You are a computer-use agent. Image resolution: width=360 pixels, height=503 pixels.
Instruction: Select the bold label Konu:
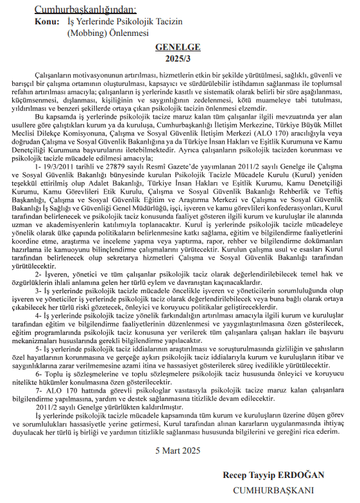tap(49, 21)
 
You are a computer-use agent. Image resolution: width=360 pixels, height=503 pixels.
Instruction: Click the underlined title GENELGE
tap(178, 47)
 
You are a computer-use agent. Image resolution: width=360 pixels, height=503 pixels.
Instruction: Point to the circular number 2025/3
tap(178, 58)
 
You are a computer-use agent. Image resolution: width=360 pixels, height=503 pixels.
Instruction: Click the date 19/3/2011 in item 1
tap(63, 166)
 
